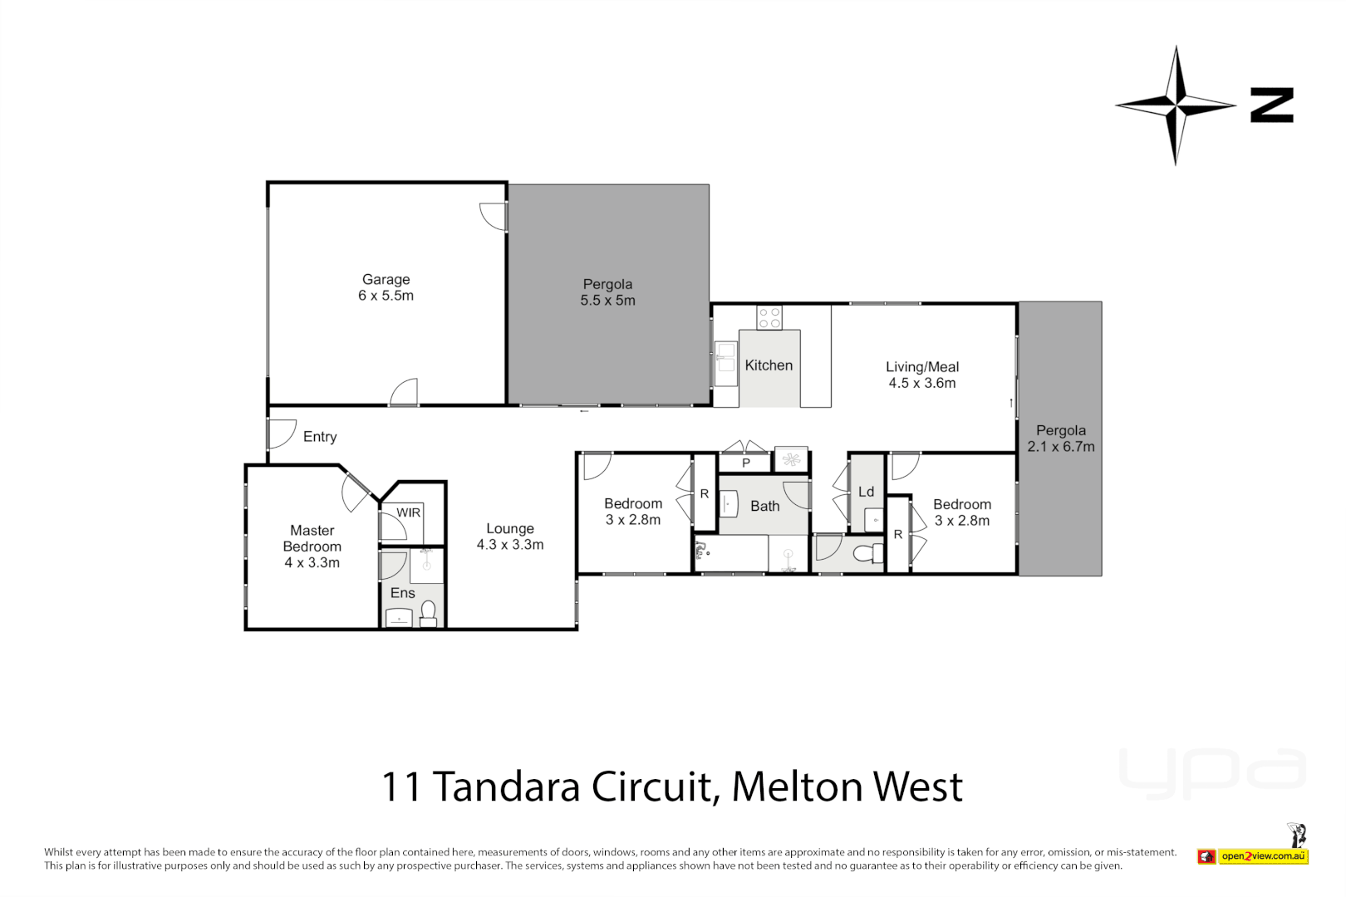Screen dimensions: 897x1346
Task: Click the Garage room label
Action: point(386,280)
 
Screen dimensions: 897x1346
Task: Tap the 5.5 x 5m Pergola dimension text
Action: point(607,301)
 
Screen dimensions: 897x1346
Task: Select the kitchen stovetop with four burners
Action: point(769,317)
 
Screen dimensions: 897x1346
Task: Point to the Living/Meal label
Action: point(921,367)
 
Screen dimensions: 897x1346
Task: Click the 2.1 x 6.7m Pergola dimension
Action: point(1060,447)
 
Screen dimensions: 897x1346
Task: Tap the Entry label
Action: point(320,437)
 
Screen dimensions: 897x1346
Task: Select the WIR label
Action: point(408,512)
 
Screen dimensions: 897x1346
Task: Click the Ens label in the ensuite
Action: point(402,593)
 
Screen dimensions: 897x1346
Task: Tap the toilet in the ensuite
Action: point(429,613)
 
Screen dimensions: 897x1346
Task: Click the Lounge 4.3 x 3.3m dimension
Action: point(509,545)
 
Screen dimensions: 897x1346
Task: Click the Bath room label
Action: point(764,506)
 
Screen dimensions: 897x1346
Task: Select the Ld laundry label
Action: point(866,492)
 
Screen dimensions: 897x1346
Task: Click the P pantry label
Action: point(746,463)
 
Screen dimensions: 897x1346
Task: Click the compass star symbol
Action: point(1175,105)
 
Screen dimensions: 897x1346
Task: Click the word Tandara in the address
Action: point(505,787)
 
